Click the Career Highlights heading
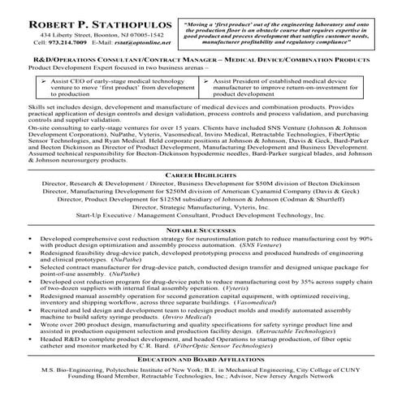201,175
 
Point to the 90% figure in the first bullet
365,238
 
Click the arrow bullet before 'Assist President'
210,106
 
